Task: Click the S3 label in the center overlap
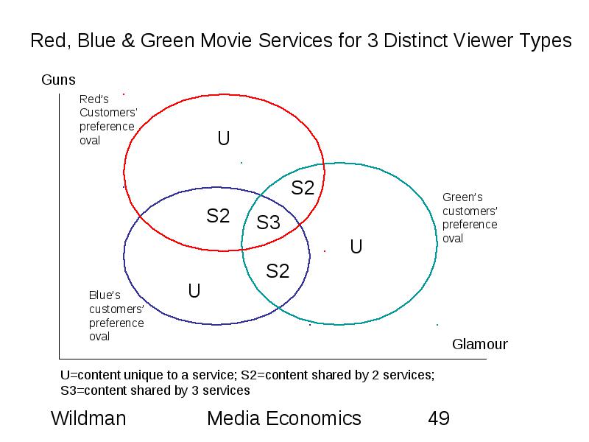(x=268, y=222)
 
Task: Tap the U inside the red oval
(x=224, y=138)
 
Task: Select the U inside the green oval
(x=356, y=247)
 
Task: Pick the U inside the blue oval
(x=194, y=291)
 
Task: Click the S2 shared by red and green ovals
(x=303, y=188)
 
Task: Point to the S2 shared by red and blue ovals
(x=218, y=216)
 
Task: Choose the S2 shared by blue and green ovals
(x=278, y=271)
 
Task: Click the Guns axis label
(x=58, y=80)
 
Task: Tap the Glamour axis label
(x=480, y=344)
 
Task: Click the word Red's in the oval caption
(x=94, y=99)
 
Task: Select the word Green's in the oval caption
(x=462, y=197)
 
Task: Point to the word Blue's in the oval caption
(x=105, y=295)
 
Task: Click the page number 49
(x=439, y=418)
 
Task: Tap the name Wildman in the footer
(x=88, y=418)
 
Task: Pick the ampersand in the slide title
(x=128, y=41)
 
